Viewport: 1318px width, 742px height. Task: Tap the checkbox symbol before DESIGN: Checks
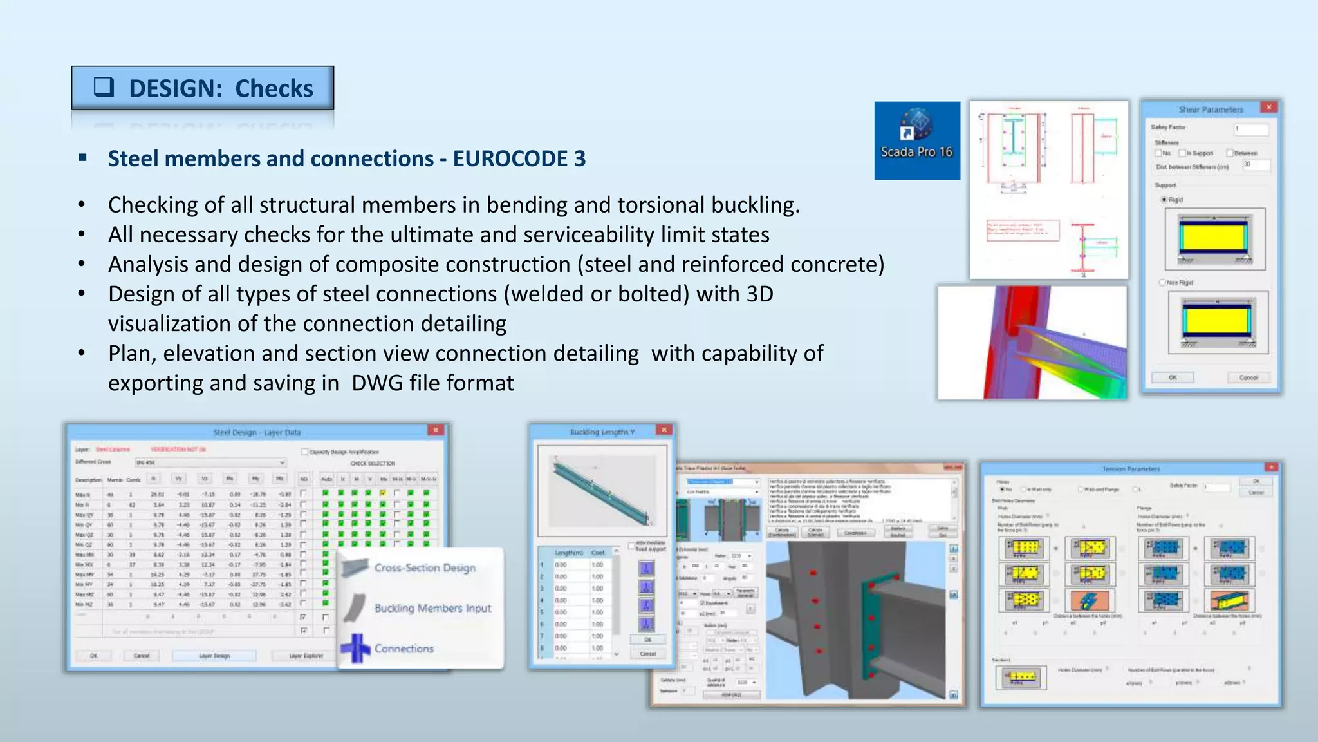[x=104, y=87]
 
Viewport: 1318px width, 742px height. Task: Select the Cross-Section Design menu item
[x=425, y=567]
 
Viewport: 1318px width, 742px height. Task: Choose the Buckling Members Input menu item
[x=432, y=608]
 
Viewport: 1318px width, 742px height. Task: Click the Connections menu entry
[x=404, y=649]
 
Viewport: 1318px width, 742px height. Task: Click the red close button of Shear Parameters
[x=1268, y=108]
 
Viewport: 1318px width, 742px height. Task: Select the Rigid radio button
[x=1164, y=200]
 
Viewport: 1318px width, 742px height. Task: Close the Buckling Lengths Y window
[x=664, y=430]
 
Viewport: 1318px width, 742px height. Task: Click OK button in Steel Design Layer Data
[x=94, y=656]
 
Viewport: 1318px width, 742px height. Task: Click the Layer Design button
[x=214, y=656]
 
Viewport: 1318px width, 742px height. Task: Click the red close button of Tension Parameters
[x=1271, y=467]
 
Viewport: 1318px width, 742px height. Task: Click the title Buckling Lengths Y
[x=602, y=432]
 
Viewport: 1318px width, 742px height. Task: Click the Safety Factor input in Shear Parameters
[x=1250, y=129]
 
